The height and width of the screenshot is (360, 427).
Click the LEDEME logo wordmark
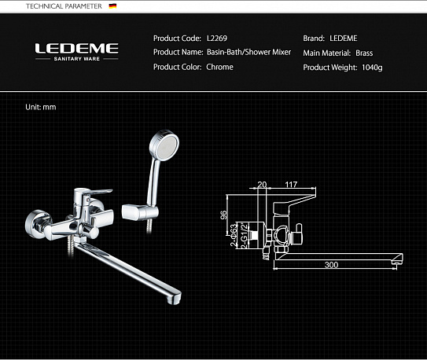76,49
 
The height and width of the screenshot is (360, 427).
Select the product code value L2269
216,38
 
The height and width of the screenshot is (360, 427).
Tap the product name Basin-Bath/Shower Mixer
248,53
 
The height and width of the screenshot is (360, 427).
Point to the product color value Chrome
219,68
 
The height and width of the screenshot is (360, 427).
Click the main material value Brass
365,53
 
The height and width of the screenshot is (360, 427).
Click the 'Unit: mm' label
41,106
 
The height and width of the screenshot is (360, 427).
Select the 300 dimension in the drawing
331,265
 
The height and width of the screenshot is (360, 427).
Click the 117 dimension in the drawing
291,185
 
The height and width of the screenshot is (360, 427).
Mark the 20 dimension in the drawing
262,185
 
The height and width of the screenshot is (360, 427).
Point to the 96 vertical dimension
224,213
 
